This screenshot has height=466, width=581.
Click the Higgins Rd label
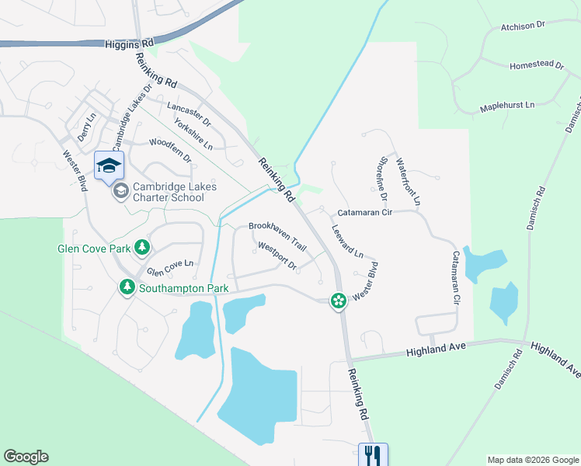pyautogui.click(x=129, y=46)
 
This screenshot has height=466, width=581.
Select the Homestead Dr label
pyautogui.click(x=537, y=66)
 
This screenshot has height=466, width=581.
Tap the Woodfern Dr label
pyautogui.click(x=170, y=149)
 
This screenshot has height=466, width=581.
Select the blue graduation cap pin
pyautogui.click(x=109, y=165)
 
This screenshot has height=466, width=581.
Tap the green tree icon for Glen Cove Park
pyautogui.click(x=142, y=247)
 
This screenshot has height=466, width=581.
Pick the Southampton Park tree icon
pyautogui.click(x=127, y=288)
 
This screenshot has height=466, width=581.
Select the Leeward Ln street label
pyautogui.click(x=346, y=242)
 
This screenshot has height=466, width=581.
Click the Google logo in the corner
pyautogui.click(x=26, y=457)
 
